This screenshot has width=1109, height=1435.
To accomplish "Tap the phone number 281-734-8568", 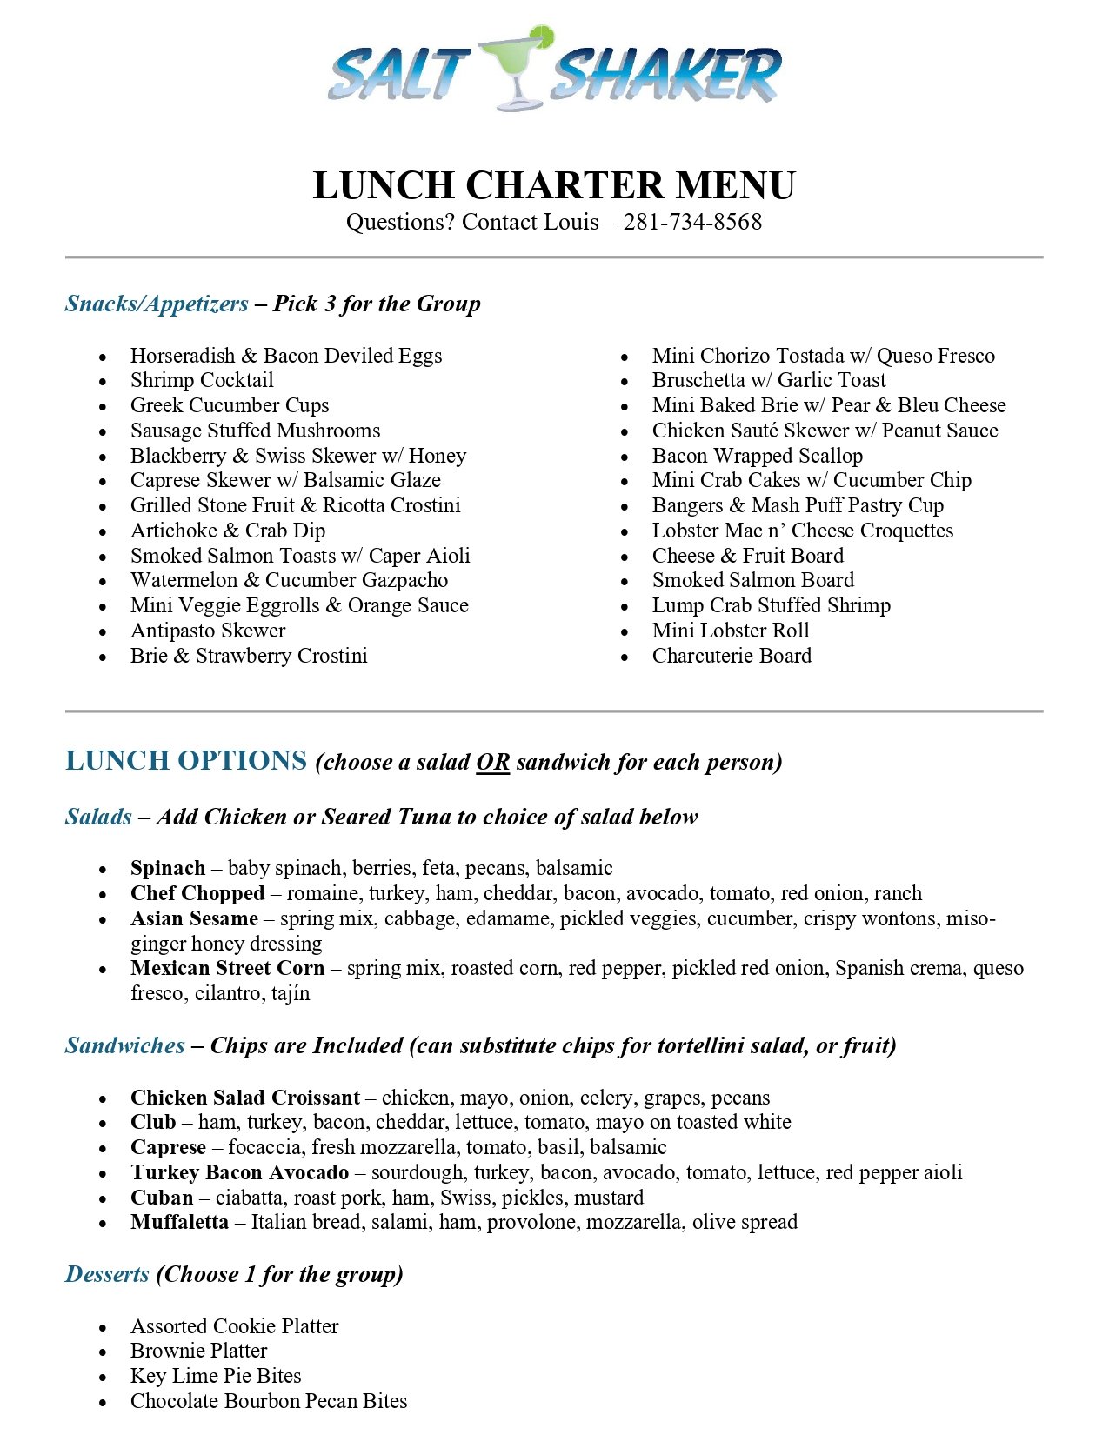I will pyautogui.click(x=692, y=223).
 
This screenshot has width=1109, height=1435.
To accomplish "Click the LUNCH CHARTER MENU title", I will pyautogui.click(x=554, y=185).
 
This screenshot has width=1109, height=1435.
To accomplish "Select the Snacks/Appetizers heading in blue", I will pyautogui.click(x=157, y=304).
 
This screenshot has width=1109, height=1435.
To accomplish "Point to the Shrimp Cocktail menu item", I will pyautogui.click(x=202, y=380).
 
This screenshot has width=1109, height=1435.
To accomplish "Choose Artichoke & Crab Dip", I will pyautogui.click(x=228, y=531).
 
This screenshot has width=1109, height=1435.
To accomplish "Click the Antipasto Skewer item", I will pyautogui.click(x=208, y=631).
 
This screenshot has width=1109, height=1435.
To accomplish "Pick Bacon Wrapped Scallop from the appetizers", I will pyautogui.click(x=757, y=456).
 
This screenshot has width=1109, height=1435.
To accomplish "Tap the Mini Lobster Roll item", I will pyautogui.click(x=731, y=631).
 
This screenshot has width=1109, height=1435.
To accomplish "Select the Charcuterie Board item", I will pyautogui.click(x=732, y=656).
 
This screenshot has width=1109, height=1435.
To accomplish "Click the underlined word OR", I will pyautogui.click(x=492, y=763).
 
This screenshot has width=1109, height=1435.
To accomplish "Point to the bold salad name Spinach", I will pyautogui.click(x=168, y=868).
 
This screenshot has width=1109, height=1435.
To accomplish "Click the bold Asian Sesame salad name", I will pyautogui.click(x=194, y=918).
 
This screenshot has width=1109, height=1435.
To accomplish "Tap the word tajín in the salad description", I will pyautogui.click(x=290, y=993).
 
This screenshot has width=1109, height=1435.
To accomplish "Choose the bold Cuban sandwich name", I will pyautogui.click(x=162, y=1198).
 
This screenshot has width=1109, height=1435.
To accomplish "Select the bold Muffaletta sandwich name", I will pyautogui.click(x=179, y=1222).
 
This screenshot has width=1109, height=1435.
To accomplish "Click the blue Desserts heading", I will pyautogui.click(x=107, y=1274).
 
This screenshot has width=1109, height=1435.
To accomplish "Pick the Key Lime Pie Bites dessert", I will pyautogui.click(x=216, y=1376).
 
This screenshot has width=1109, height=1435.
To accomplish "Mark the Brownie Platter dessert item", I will pyautogui.click(x=198, y=1351).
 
